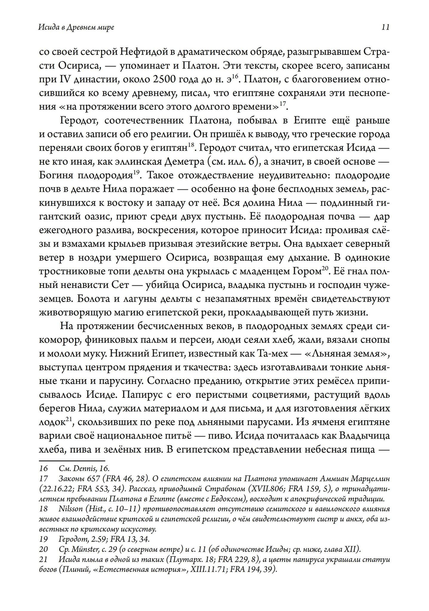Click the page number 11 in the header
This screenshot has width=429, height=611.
[x=385, y=27]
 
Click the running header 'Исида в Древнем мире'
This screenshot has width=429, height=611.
[x=76, y=27]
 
